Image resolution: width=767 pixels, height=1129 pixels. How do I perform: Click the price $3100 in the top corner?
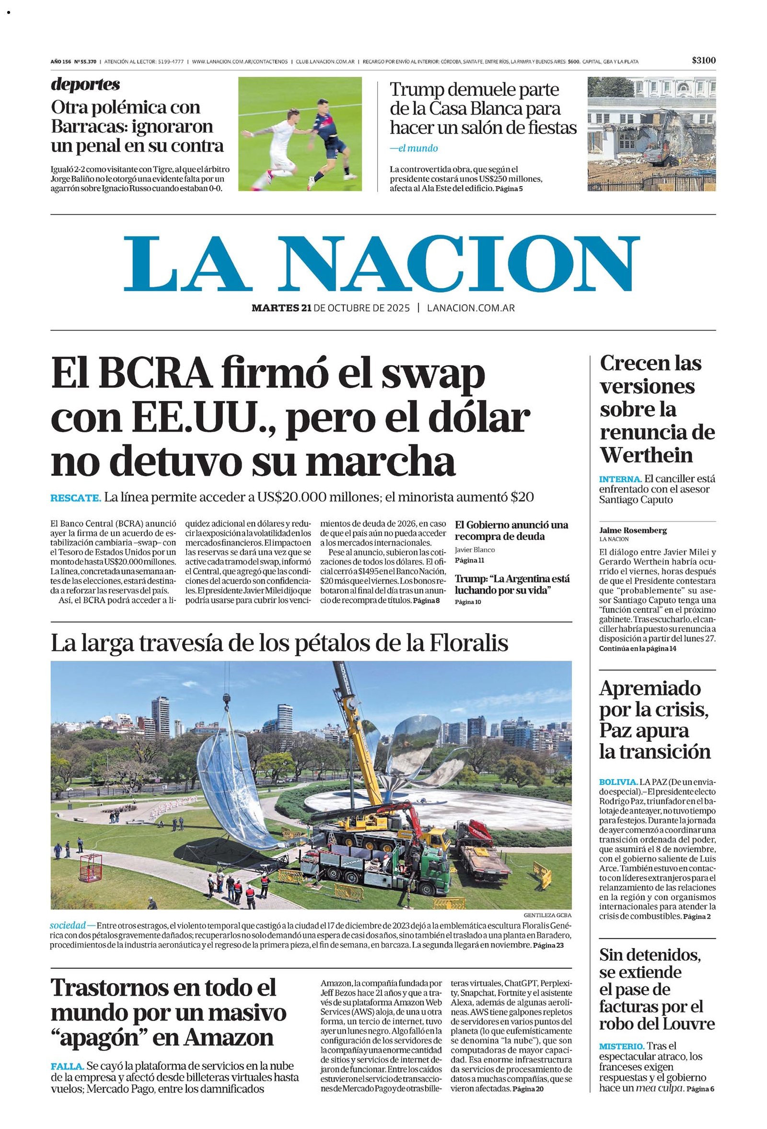click(703, 61)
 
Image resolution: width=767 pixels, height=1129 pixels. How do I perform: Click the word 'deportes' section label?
click(85, 84)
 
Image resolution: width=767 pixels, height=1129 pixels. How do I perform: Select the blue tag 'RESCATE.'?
click(76, 498)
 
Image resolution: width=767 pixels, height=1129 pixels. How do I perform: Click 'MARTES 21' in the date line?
click(281, 308)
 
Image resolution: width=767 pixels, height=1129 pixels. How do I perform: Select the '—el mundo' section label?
click(414, 149)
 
